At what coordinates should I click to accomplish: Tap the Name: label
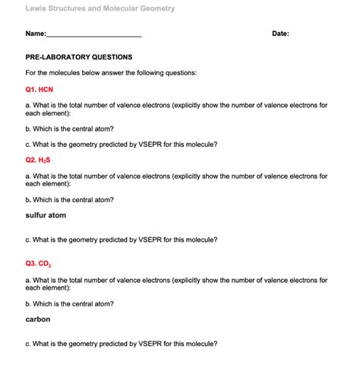pyautogui.click(x=36, y=34)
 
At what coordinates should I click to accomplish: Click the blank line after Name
pyautogui.click(x=94, y=35)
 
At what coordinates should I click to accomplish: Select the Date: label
pyautogui.click(x=280, y=34)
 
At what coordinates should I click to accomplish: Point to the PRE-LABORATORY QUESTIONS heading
pyautogui.click(x=79, y=57)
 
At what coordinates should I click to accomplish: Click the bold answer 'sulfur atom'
pyautogui.click(x=46, y=215)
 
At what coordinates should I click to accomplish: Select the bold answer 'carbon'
pyautogui.click(x=38, y=319)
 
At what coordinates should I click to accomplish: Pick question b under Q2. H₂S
pyautogui.click(x=70, y=200)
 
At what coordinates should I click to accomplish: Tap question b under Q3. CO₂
pyautogui.click(x=70, y=303)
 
